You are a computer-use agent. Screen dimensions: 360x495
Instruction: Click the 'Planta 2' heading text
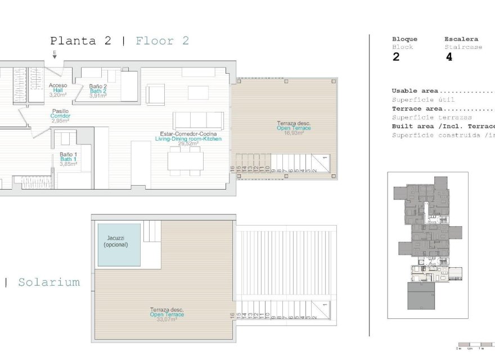coord(80,40)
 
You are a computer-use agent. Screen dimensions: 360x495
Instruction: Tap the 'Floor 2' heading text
coord(162,40)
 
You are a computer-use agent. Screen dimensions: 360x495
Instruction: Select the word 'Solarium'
coord(48,282)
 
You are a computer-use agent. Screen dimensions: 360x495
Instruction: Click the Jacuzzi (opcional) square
coord(119,245)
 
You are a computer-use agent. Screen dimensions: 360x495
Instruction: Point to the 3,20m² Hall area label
coord(58,96)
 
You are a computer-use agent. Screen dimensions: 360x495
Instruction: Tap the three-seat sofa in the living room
coord(198,120)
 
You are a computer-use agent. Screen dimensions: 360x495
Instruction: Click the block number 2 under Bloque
coord(396,57)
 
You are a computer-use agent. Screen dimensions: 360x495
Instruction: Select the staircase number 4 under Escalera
coord(448,57)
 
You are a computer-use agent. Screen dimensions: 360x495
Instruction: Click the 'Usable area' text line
coord(416,91)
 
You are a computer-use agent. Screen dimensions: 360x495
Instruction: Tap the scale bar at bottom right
coord(475,344)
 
